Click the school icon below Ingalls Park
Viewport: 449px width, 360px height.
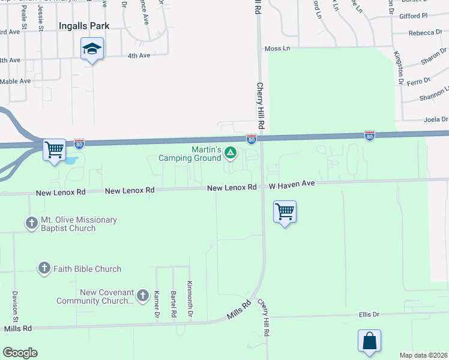(92, 49)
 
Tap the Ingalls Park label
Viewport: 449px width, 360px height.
(84, 26)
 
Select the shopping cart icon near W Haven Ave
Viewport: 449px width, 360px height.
(284, 212)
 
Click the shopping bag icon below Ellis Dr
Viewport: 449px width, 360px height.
(369, 341)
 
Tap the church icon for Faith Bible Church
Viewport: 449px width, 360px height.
(44, 268)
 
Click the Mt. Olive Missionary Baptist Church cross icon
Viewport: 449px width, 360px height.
(31, 223)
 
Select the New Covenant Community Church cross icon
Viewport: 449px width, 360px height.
(142, 295)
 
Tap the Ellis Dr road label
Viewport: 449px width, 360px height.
(369, 314)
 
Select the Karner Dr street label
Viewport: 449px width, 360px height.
(157, 305)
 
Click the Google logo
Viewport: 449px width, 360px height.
(20, 353)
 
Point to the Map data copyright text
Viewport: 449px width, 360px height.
(423, 355)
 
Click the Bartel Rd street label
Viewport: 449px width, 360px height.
(173, 305)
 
